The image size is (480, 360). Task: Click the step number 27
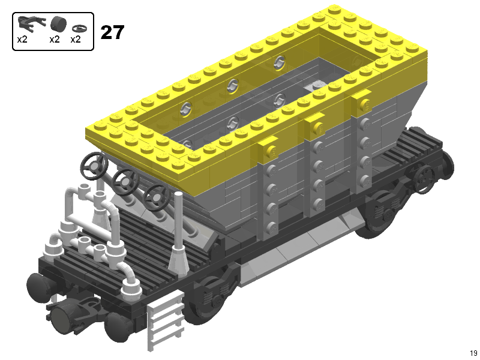(112, 32)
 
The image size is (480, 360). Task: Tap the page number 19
(473, 353)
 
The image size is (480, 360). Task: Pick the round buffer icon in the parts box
(58, 24)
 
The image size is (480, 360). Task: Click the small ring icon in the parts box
(79, 28)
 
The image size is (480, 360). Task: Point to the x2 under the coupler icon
(22, 40)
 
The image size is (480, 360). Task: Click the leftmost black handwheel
(94, 166)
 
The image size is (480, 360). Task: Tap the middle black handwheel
(125, 182)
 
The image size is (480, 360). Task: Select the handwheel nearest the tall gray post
(157, 197)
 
